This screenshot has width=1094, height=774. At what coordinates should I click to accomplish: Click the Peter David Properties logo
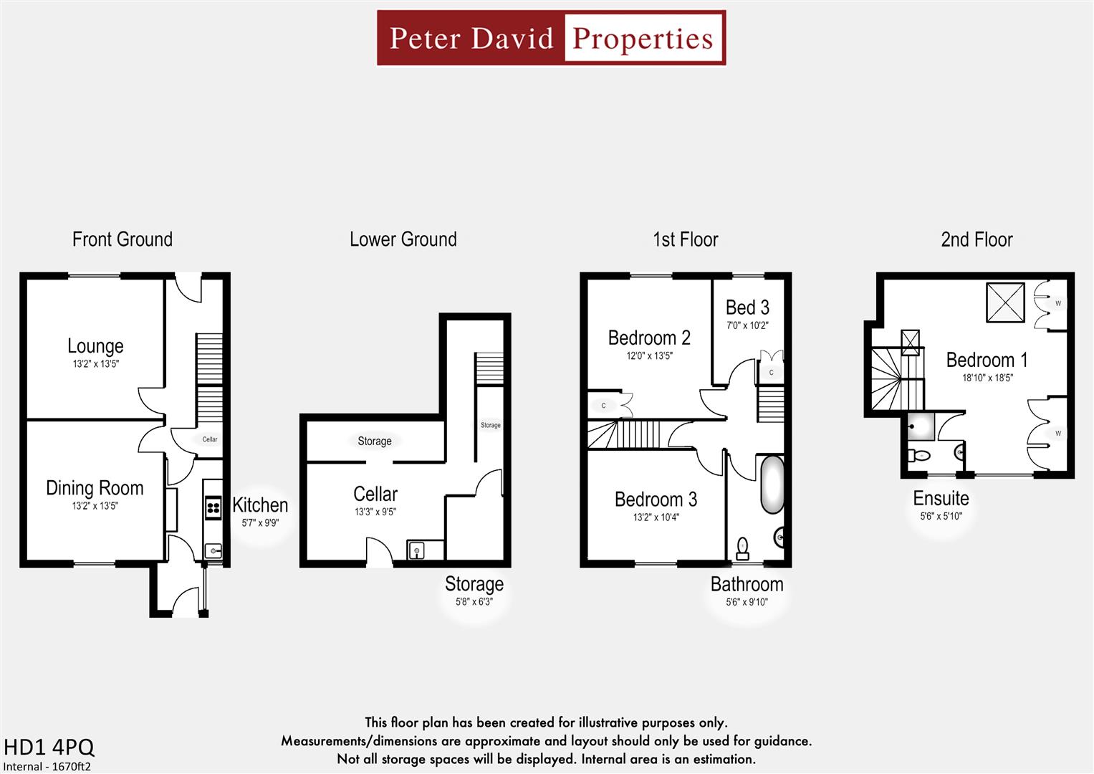[551, 38]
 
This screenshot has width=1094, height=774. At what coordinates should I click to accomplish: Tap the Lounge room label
[95, 346]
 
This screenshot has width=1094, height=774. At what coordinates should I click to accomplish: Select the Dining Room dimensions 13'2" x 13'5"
[95, 506]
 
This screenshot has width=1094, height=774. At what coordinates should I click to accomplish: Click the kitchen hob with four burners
[213, 508]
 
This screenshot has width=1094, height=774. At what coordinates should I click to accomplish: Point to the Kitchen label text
[260, 505]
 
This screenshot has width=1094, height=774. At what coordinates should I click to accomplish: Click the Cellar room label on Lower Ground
[375, 494]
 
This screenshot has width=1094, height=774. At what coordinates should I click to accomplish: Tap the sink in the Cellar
[417, 550]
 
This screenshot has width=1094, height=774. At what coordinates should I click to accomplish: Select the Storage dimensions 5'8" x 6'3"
[474, 602]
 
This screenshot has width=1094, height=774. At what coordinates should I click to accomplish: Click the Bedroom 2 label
[649, 338]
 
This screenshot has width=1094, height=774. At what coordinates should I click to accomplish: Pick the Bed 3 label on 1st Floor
[747, 308]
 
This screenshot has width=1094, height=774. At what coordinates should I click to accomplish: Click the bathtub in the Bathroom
[772, 484]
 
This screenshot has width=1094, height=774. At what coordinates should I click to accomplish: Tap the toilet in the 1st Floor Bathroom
[742, 548]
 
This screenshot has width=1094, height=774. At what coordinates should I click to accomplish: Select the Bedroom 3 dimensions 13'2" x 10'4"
[656, 517]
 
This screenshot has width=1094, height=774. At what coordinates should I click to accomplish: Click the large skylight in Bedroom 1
[1006, 302]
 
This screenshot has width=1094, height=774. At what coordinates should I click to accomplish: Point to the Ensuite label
[941, 499]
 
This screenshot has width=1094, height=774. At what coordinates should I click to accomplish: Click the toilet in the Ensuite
[918, 455]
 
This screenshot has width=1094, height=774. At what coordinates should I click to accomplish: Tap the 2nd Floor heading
[977, 239]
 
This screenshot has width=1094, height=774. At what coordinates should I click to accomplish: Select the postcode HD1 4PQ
[49, 747]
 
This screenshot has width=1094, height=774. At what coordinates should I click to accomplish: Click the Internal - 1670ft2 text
[47, 766]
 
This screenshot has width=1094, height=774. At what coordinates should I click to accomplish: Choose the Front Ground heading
[123, 239]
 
